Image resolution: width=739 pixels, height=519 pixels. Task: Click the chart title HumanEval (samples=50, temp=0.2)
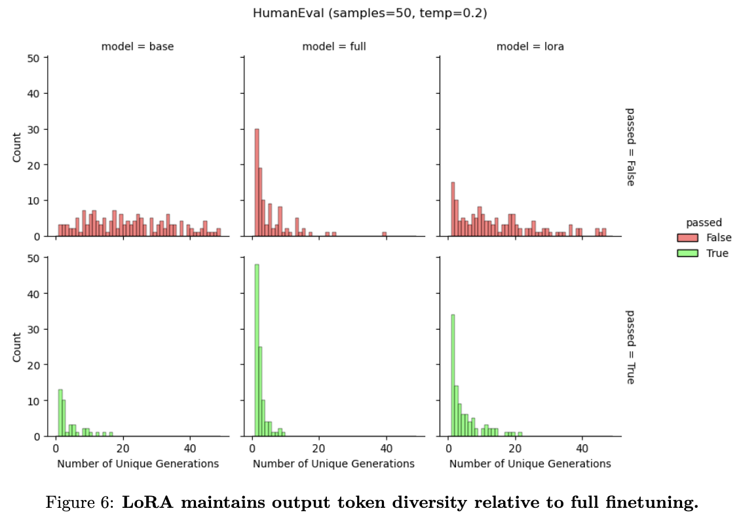coord(369,12)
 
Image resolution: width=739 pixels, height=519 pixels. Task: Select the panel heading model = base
coord(138,47)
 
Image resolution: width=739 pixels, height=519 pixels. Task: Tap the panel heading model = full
coord(333,47)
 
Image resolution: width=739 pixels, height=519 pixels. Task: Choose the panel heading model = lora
coord(530,47)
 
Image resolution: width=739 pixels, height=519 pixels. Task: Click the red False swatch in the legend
coord(689,238)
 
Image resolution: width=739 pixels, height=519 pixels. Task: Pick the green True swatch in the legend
coord(689,253)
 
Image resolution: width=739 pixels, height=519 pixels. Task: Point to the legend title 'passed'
coord(704,223)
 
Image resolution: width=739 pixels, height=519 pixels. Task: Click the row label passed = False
coord(630,147)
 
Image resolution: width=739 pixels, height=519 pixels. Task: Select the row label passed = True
coord(630,347)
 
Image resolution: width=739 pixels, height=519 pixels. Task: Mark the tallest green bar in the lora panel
coord(453,375)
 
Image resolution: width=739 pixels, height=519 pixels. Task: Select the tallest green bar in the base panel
coord(60,413)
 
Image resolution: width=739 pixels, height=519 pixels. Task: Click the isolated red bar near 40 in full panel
coord(385,234)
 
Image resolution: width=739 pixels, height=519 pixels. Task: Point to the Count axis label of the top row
coord(18,147)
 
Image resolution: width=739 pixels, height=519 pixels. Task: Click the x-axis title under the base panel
coord(138,464)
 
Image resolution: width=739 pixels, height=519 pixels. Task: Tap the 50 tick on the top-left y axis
coord(33,58)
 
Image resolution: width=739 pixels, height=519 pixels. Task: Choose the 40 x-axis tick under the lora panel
coord(582,449)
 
